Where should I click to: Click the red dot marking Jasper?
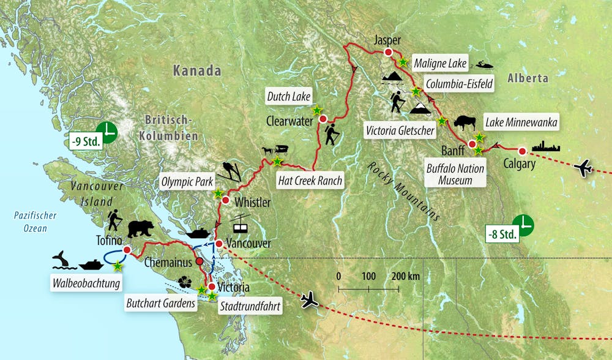coord(388,53)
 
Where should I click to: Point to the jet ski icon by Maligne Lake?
coord(487,64)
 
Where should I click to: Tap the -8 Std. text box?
coord(502,233)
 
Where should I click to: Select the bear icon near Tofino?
coord(141,229)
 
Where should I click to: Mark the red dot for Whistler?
coord(225,200)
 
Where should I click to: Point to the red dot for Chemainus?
coord(198,261)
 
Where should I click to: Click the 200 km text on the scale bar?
coord(406,276)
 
